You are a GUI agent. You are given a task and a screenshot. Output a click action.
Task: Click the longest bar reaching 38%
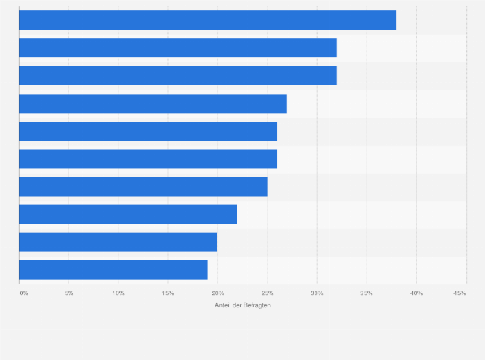click(x=207, y=20)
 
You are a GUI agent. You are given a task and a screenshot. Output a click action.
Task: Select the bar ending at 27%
click(x=152, y=104)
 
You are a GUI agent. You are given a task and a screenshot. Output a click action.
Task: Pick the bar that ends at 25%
click(x=143, y=187)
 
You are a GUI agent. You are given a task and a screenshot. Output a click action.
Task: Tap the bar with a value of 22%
click(x=128, y=215)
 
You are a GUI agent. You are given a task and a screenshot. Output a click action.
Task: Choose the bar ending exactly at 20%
click(x=118, y=242)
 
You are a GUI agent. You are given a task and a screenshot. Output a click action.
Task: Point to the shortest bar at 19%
click(x=113, y=270)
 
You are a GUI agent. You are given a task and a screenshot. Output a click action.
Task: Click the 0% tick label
click(x=24, y=293)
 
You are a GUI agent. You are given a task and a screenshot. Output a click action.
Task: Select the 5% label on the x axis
click(x=69, y=293)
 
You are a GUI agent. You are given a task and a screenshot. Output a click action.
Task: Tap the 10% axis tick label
click(x=118, y=293)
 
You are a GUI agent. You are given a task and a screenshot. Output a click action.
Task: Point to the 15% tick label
click(x=168, y=293)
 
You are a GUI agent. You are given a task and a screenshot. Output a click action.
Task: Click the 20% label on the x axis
click(x=217, y=293)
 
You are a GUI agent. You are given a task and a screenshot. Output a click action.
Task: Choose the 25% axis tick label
click(x=267, y=293)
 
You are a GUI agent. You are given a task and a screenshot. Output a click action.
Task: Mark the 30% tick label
click(x=316, y=293)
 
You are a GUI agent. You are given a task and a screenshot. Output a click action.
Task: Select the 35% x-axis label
click(x=366, y=293)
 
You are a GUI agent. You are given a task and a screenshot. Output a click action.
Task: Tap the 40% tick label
click(x=416, y=293)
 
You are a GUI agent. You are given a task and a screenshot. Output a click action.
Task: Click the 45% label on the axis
click(x=460, y=293)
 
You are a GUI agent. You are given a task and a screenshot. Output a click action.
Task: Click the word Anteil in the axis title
click(x=223, y=305)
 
